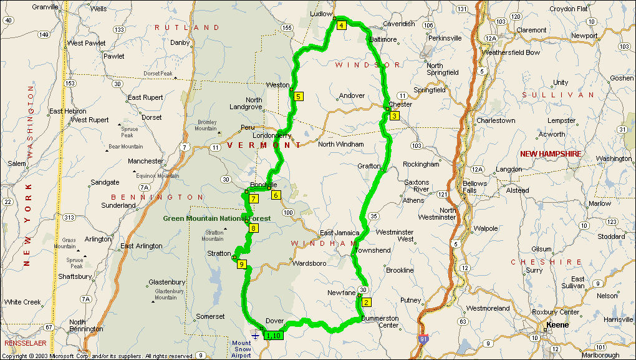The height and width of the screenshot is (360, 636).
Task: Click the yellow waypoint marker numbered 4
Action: pyautogui.click(x=342, y=26)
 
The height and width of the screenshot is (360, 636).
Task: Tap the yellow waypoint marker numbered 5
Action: pyautogui.click(x=299, y=96)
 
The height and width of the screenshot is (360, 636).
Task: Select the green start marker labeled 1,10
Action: pyautogui.click(x=274, y=336)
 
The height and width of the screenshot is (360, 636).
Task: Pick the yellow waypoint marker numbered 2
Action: pyautogui.click(x=366, y=303)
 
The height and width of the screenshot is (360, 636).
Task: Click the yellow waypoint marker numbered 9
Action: pyautogui.click(x=242, y=265)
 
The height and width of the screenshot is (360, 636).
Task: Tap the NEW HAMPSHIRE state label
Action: pyautogui.click(x=551, y=153)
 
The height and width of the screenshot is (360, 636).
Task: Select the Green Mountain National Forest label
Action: pyautogui.click(x=217, y=218)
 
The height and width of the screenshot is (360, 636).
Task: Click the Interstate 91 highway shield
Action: pyautogui.click(x=424, y=339)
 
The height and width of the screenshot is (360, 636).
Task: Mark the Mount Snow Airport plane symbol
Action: pyautogui.click(x=256, y=336)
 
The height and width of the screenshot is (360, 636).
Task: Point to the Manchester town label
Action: pyautogui.click(x=145, y=161)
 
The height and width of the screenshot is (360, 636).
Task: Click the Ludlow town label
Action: pyautogui.click(x=321, y=13)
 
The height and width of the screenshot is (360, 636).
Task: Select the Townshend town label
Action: pyautogui.click(x=372, y=250)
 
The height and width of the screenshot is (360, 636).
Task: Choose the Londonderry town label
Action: pyautogui.click(x=272, y=135)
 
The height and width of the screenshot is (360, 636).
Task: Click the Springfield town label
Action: pyautogui.click(x=430, y=90)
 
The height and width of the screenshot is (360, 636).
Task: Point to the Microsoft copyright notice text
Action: pyautogui.click(x=99, y=356)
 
